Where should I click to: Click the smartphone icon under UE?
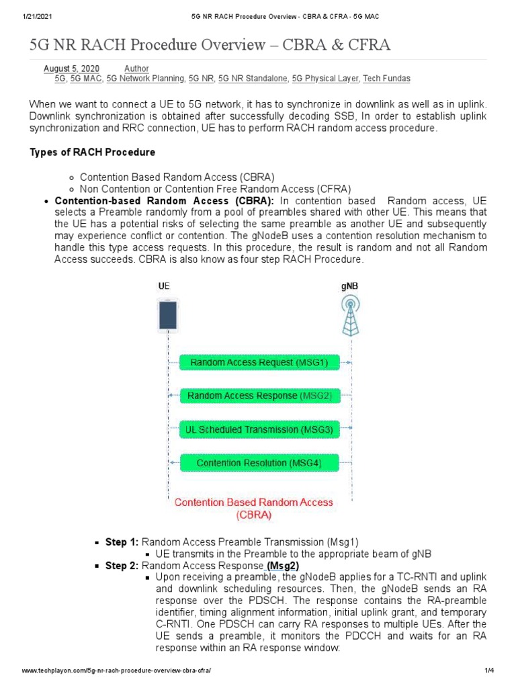point(167,316)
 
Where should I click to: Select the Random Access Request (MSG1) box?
point(259,363)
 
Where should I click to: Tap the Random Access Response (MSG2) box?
point(259,396)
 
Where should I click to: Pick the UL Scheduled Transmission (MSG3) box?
point(259,429)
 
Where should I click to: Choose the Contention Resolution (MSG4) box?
point(259,463)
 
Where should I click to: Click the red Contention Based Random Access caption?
point(254,509)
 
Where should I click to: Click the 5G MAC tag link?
point(86,79)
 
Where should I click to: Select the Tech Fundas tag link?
point(386,79)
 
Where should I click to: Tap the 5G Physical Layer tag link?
point(325,79)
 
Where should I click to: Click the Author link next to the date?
point(136,69)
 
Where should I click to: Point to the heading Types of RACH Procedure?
point(93,153)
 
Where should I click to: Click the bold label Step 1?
point(122,542)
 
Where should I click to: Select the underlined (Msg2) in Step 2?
point(283,566)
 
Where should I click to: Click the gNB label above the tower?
point(350,285)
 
